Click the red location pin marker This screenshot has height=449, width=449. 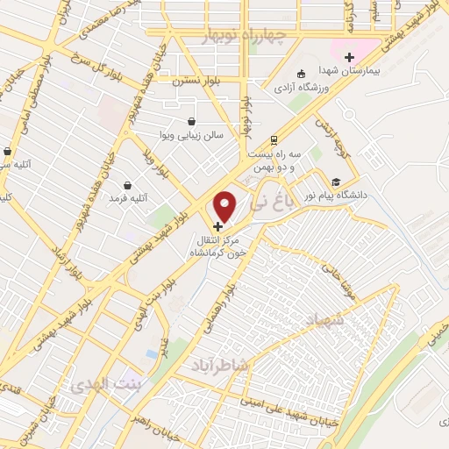[225, 207]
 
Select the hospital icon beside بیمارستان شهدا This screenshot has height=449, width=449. [349, 57]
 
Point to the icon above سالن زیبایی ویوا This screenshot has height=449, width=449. [192, 122]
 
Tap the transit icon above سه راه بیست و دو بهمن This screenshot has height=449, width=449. [274, 139]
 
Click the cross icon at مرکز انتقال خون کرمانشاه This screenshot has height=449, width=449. [218, 225]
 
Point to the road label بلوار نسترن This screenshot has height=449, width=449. [193, 80]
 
